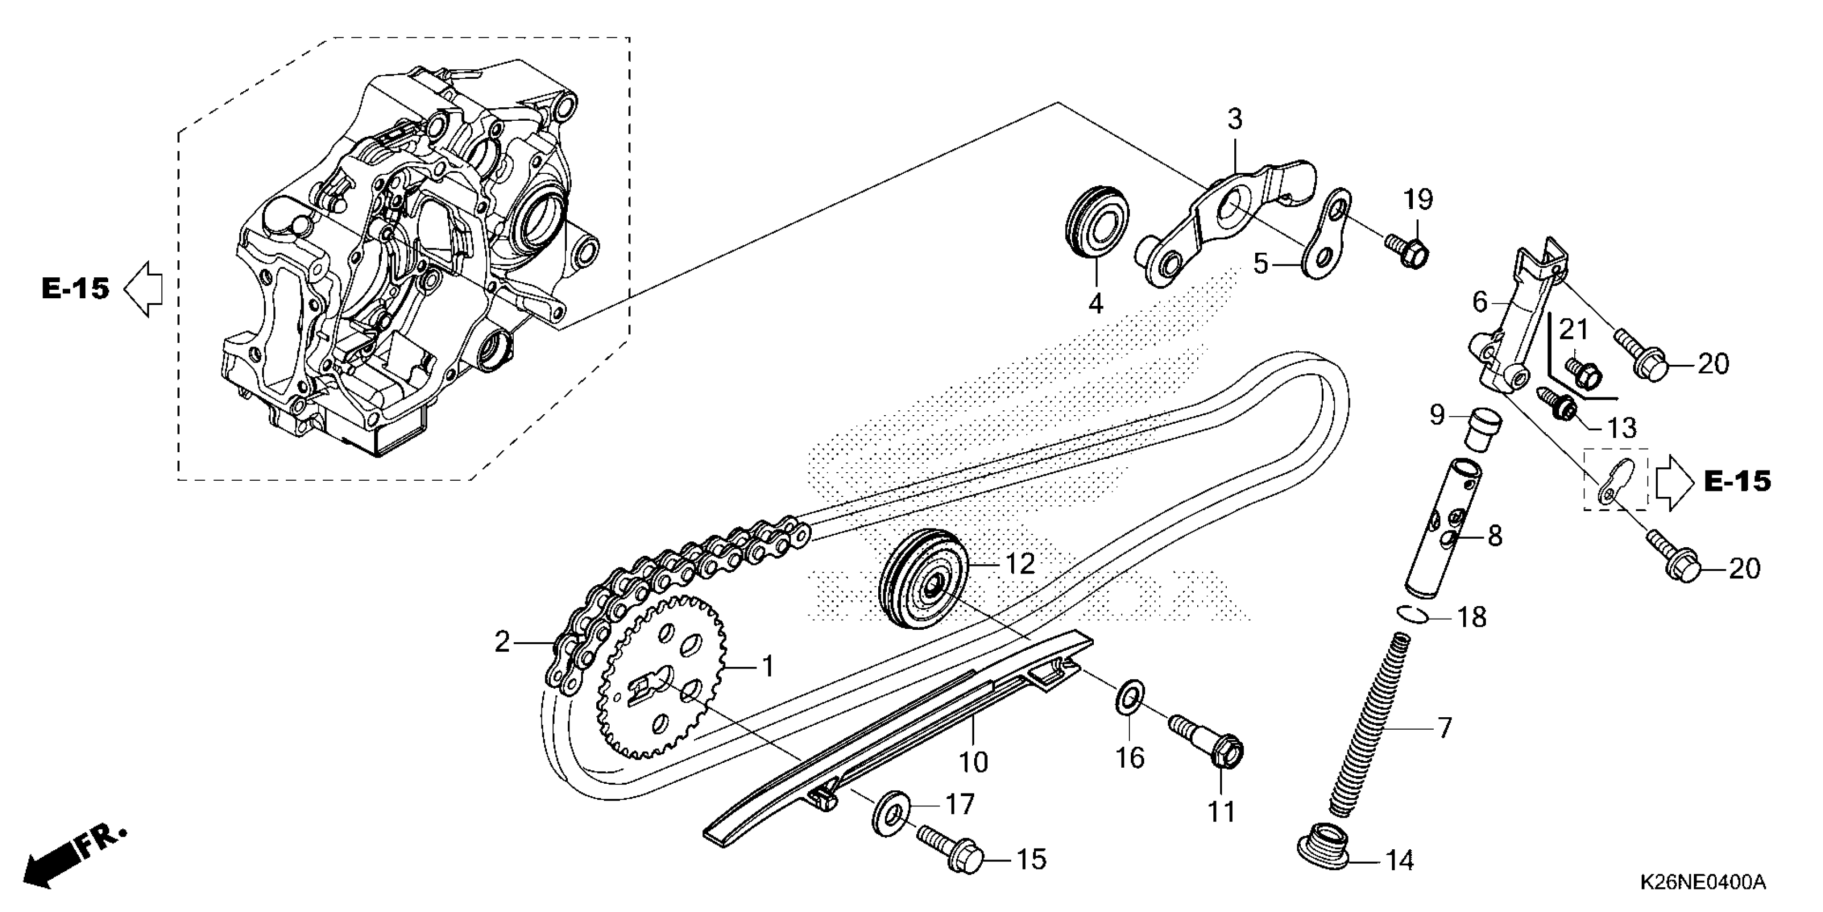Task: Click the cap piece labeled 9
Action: coord(1481,429)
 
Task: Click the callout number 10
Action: coord(973,763)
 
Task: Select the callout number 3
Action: coord(1234,120)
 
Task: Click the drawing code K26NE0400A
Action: coord(1702,882)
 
